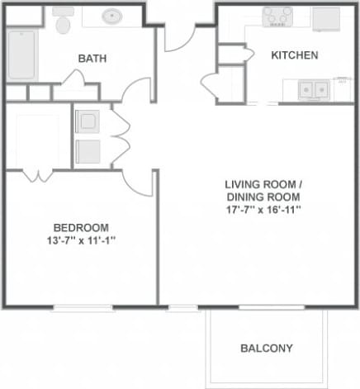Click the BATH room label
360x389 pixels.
click(x=92, y=59)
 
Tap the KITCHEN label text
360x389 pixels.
click(x=295, y=56)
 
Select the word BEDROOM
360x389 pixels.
click(x=80, y=228)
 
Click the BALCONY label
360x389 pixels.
click(x=266, y=349)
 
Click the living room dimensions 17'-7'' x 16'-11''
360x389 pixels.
click(x=263, y=210)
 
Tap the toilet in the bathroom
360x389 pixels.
click(x=62, y=21)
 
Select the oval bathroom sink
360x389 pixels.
click(x=114, y=16)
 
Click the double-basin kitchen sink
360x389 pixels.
click(x=313, y=88)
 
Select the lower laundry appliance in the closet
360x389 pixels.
click(x=88, y=151)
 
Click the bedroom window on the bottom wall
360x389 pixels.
click(x=83, y=308)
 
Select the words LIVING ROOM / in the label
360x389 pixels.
click(x=263, y=183)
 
